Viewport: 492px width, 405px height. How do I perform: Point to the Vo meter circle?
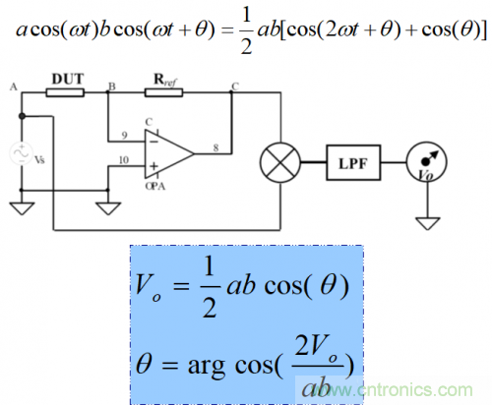(x=425, y=157)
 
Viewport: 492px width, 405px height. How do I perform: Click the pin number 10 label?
(x=124, y=158)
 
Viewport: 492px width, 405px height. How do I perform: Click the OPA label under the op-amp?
(x=154, y=185)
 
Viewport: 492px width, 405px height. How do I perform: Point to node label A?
(x=13, y=87)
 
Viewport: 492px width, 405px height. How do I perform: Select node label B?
(x=112, y=87)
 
